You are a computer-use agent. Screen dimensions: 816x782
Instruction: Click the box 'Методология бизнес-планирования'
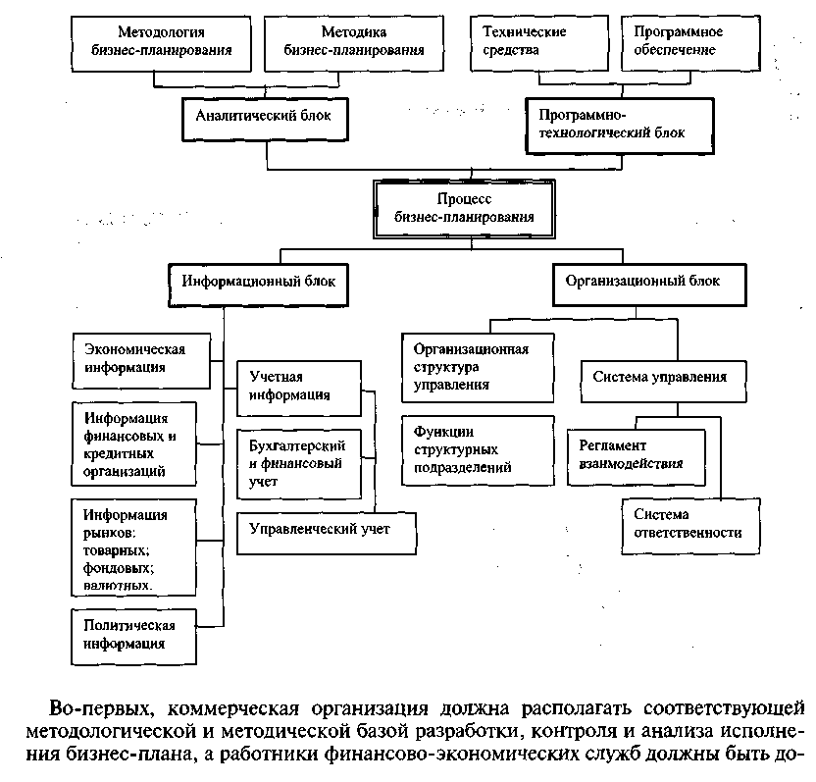point(161,44)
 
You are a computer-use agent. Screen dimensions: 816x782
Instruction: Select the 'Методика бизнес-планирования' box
point(354,44)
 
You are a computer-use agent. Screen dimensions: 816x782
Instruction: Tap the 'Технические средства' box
point(539,43)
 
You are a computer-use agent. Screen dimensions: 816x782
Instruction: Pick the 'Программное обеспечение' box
point(690,43)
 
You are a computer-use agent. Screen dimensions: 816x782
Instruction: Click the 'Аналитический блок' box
point(265,120)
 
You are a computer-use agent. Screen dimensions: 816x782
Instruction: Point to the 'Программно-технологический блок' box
point(620,126)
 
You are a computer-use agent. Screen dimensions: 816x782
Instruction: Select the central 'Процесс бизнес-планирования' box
point(464,209)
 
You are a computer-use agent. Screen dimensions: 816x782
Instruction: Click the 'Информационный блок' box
point(258,286)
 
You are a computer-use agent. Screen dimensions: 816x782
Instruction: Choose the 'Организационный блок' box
point(649,285)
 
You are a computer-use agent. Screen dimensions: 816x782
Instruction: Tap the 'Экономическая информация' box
point(141,361)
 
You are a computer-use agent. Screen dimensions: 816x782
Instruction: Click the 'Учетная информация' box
point(299,389)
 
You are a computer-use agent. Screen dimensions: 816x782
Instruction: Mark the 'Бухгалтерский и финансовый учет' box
point(299,464)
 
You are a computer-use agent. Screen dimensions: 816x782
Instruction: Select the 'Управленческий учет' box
point(327,534)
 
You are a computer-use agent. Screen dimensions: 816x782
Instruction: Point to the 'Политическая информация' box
point(133,637)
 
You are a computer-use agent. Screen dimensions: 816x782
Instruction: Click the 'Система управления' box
point(664,382)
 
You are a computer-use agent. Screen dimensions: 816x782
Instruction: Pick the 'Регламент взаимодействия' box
point(636,457)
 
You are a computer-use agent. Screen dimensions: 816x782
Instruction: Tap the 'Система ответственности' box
point(690,526)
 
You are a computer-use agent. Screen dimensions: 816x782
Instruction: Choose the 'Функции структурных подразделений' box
point(478,451)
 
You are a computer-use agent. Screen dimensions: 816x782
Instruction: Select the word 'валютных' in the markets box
point(118,585)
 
